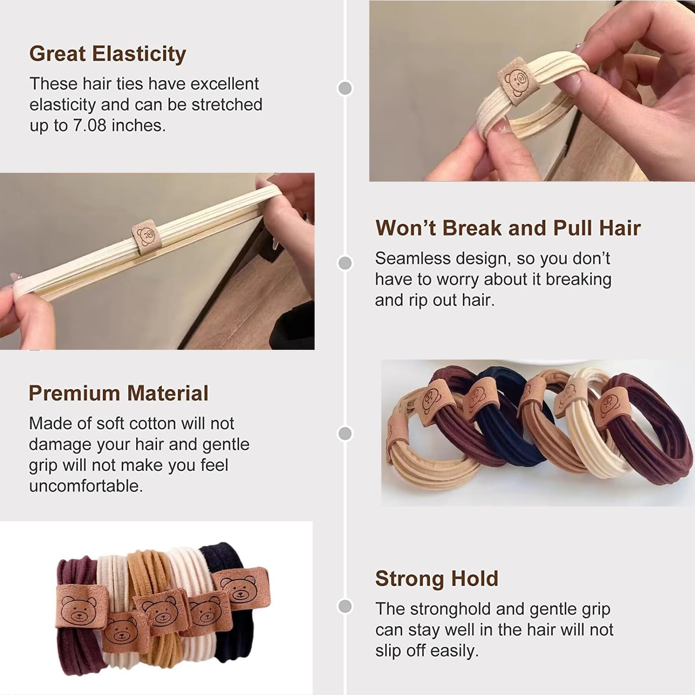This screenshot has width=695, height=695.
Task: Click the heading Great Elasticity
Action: pyautogui.click(x=107, y=54)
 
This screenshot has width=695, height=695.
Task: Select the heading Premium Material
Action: pyautogui.click(x=119, y=393)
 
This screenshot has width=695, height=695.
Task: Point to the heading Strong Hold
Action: pyautogui.click(x=436, y=579)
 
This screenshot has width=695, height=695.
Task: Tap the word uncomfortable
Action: pyautogui.click(x=86, y=486)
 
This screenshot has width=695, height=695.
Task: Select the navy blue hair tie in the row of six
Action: pyautogui.click(x=507, y=426)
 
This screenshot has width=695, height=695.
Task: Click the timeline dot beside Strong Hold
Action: pyautogui.click(x=345, y=606)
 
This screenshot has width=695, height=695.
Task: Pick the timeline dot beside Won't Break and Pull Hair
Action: pyautogui.click(x=345, y=263)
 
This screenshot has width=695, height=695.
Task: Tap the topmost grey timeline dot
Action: pyautogui.click(x=345, y=88)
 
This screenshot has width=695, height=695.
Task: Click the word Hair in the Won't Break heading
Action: pyautogui.click(x=620, y=228)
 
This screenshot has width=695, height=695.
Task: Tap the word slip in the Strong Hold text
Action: pyautogui.click(x=388, y=651)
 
